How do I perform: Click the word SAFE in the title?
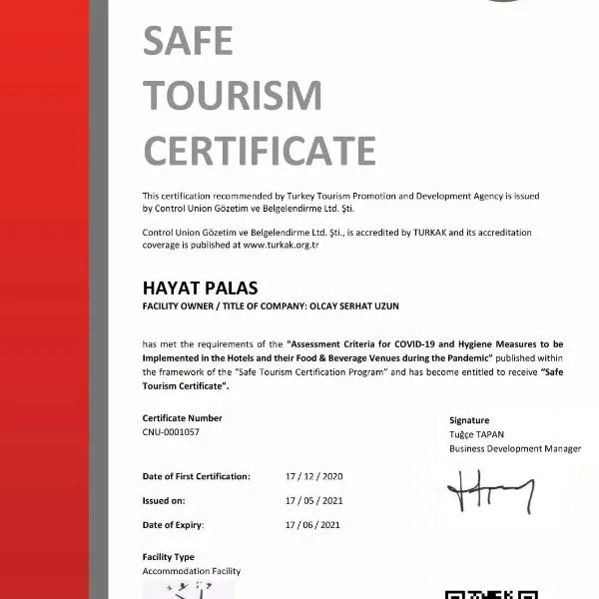tap(188, 41)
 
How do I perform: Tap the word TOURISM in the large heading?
tap(233, 96)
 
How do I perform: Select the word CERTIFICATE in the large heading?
tap(260, 151)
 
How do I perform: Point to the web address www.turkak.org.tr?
tap(282, 245)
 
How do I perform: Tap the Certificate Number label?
tap(183, 418)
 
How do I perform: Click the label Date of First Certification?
tap(197, 477)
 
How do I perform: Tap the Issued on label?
tap(165, 500)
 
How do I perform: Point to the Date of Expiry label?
tap(174, 524)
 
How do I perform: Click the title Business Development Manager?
tap(515, 449)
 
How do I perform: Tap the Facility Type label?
tap(169, 557)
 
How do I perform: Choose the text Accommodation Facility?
tap(192, 571)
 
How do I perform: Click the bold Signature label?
tap(469, 420)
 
